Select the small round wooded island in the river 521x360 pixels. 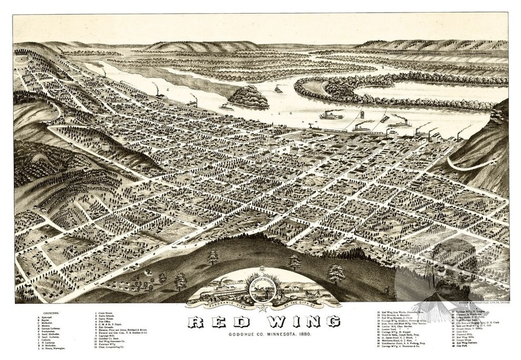[x=248, y=97]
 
